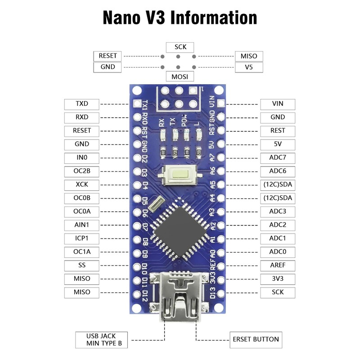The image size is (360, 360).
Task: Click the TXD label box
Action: [x=82, y=104]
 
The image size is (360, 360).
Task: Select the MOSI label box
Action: [x=180, y=76]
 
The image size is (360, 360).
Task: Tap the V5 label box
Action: [x=249, y=67]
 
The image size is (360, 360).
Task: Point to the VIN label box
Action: [x=278, y=104]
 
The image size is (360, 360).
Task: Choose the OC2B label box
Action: [x=82, y=171]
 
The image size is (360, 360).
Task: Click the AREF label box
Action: [x=278, y=265]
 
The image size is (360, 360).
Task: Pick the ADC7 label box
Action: [x=278, y=158]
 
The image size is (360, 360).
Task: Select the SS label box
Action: [x=82, y=265]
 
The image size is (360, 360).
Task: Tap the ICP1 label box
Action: [x=82, y=239]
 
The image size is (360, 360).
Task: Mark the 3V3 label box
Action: [x=278, y=279]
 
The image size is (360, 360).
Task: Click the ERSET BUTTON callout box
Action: [x=256, y=340]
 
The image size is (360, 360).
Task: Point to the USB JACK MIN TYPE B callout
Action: [x=102, y=340]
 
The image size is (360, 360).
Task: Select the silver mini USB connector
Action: [x=180, y=296]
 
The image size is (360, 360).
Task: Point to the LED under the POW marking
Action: [x=186, y=135]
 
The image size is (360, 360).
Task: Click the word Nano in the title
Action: [x=121, y=18]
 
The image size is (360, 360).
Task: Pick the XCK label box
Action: [x=82, y=185]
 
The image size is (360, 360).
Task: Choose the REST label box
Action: [x=278, y=131]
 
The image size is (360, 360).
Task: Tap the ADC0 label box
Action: [x=278, y=252]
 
